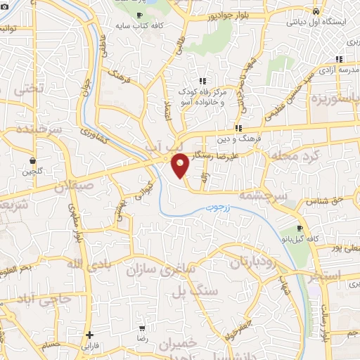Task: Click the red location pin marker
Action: (181, 165)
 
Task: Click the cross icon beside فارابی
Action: (89, 335)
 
